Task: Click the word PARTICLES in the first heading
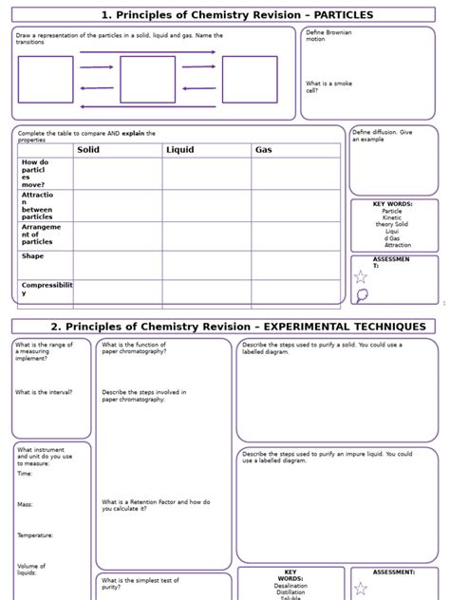[x=329, y=15]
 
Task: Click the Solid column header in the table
[x=88, y=150]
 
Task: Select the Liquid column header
[x=179, y=150]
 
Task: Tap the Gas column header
[x=263, y=150]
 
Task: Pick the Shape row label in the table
[x=32, y=256]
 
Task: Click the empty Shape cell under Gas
[x=295, y=265]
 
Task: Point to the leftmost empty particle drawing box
[x=46, y=79]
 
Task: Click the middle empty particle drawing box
[x=147, y=79]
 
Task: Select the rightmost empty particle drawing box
[x=250, y=79]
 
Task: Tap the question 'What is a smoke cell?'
[x=328, y=87]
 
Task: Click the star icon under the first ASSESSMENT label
[x=361, y=277]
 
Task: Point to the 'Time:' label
[x=25, y=473]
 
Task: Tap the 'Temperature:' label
[x=35, y=535]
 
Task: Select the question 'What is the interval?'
[x=44, y=392]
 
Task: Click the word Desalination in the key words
[x=291, y=587]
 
